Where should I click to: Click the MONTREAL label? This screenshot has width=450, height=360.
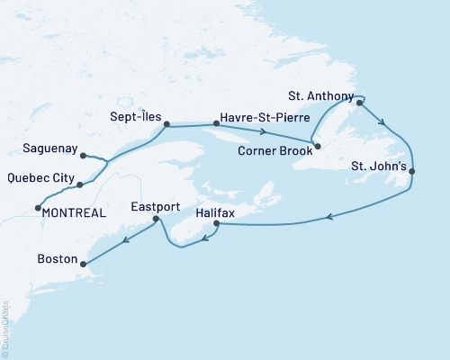click(x=70, y=212)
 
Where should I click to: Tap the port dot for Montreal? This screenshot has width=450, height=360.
click(x=37, y=209)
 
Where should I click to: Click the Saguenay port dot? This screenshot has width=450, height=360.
click(x=83, y=156)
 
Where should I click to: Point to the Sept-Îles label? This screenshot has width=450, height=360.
click(x=129, y=115)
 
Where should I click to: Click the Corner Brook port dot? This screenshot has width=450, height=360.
click(x=318, y=145)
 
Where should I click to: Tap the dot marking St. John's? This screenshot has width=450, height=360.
click(x=411, y=171)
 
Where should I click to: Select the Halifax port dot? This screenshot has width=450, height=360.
click(x=216, y=223)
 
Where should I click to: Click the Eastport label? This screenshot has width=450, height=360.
click(x=156, y=206)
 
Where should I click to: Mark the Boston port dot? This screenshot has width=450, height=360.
click(x=84, y=264)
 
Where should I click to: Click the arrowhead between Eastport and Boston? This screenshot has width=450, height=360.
click(x=125, y=238)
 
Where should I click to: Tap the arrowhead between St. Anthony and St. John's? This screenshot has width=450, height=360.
click(x=384, y=123)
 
